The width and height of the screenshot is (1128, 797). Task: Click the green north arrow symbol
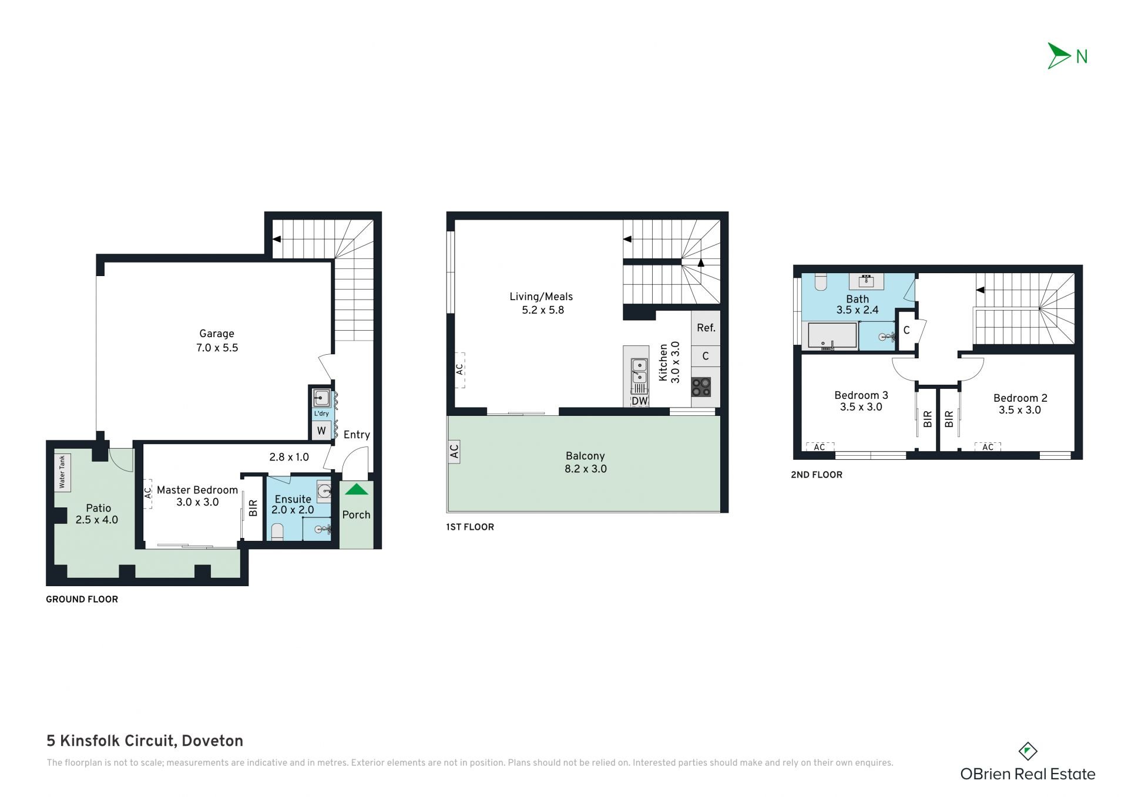point(1059,56)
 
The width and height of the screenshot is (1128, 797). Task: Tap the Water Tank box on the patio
point(62,472)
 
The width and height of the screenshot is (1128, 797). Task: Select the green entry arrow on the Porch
point(356,489)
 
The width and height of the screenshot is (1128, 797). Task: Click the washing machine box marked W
point(321,431)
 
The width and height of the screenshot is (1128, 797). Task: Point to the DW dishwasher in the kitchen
point(639,401)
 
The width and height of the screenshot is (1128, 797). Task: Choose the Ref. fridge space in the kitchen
point(706,328)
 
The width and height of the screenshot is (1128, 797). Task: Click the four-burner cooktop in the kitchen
point(701,387)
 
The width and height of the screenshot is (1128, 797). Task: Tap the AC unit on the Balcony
point(454,451)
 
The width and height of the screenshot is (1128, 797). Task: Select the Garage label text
point(216,334)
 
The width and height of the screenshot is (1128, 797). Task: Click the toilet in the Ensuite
point(277,532)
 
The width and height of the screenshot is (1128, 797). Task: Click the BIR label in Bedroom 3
point(928,419)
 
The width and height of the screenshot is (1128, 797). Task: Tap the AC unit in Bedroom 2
point(988,447)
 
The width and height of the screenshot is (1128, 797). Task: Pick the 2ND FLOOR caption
point(817,475)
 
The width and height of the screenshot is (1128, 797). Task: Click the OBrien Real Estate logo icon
point(1027,751)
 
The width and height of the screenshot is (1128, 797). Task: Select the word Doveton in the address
point(212,741)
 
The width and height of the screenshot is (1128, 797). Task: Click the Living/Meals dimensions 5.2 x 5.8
point(543,310)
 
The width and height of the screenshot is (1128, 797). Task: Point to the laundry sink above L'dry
point(321,398)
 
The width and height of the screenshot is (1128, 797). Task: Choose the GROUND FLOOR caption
point(82,599)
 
